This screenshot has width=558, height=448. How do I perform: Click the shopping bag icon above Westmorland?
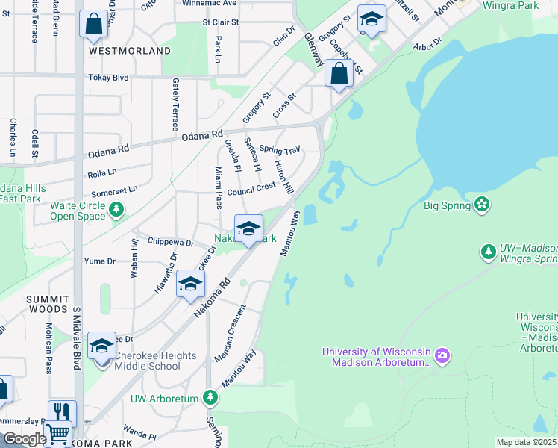tap(94, 25)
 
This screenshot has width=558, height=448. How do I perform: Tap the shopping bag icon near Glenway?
tap(339, 75)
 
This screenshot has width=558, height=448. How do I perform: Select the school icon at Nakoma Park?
tap(248, 229)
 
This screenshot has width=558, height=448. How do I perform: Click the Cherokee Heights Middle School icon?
tap(102, 346)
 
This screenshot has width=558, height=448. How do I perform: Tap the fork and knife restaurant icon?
tap(62, 413)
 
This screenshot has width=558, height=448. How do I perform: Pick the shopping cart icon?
tap(57, 434)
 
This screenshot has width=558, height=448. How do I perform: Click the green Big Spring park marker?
tap(481, 205)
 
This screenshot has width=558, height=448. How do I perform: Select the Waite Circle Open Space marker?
tap(116, 211)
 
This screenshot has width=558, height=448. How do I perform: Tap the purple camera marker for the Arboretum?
tap(442, 353)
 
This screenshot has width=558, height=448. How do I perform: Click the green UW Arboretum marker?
tap(212, 398)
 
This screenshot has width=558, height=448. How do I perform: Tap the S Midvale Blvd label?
tap(76, 337)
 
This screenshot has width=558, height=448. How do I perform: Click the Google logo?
tap(24, 439)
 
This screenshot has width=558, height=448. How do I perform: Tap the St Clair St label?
tap(215, 22)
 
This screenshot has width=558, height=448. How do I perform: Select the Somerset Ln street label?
tap(113, 190)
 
